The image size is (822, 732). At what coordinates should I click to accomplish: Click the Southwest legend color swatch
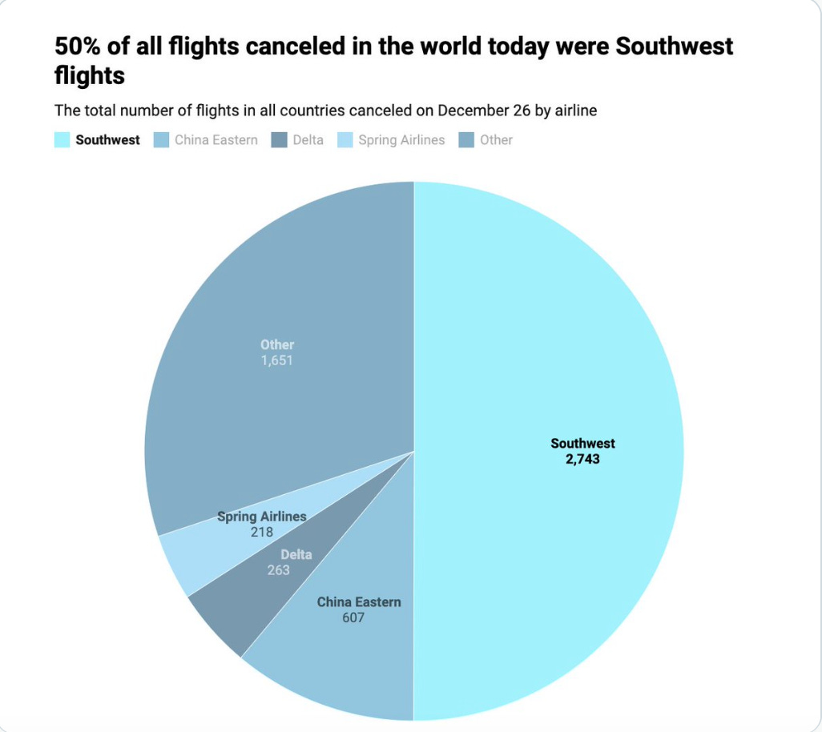coord(62,140)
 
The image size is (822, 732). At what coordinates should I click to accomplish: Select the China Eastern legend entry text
coord(216,140)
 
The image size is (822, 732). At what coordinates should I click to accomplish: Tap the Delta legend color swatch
coord(280,140)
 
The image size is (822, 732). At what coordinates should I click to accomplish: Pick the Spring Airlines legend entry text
coord(401,140)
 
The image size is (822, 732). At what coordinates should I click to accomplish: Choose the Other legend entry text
coord(496,140)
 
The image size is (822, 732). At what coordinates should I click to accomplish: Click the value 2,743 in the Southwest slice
coord(582,460)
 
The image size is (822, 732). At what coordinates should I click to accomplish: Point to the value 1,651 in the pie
coord(277,360)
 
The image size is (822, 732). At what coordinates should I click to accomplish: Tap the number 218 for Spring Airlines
coord(261,532)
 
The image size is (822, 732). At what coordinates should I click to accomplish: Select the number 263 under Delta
coord(278,570)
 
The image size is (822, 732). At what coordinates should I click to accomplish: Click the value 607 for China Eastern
coord(353,617)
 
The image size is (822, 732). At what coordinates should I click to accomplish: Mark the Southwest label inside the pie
coord(582,444)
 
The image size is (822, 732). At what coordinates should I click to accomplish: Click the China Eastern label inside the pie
coord(359,601)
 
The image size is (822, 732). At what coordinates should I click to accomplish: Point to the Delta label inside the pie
coord(296,554)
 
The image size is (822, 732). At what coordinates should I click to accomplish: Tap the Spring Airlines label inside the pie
coord(261,517)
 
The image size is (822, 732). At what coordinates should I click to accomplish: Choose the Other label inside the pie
coord(277,345)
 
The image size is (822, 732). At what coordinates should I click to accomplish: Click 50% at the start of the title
coord(79,46)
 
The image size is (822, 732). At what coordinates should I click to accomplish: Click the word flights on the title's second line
coord(90,76)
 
